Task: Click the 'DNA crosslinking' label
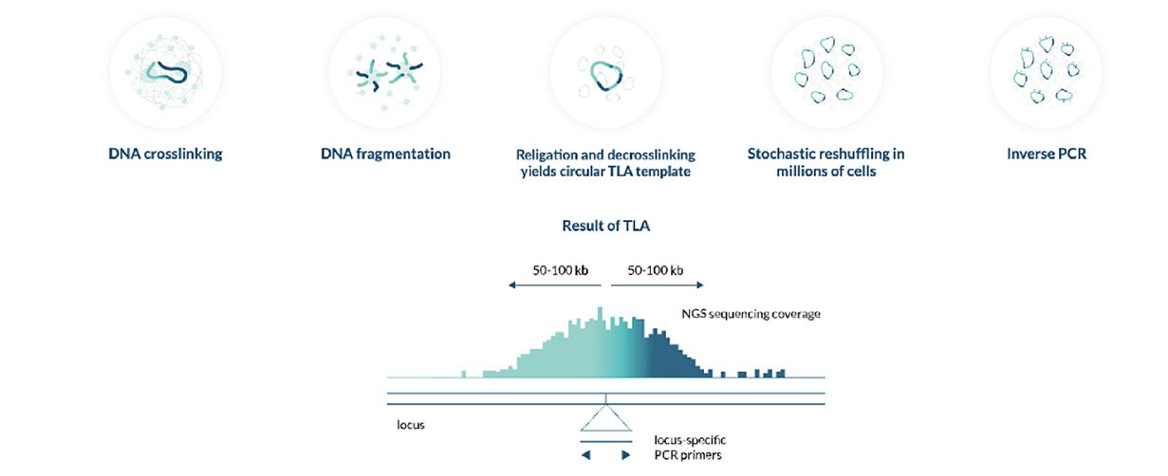coord(165,154)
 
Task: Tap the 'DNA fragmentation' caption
coord(385,154)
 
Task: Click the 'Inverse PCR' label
coord(1047,154)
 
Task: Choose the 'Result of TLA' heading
coord(606,226)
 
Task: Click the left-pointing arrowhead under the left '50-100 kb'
coord(512,285)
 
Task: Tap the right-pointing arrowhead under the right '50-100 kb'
coord(700,285)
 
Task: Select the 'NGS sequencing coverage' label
coord(751,314)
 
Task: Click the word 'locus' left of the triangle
coord(411,425)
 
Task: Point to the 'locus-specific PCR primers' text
coord(690,448)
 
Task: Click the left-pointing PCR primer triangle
coord(586,455)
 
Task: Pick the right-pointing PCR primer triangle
coord(625,455)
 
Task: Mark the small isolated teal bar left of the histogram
coord(464,374)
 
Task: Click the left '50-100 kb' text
coord(560,270)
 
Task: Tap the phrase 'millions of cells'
coord(825,171)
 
